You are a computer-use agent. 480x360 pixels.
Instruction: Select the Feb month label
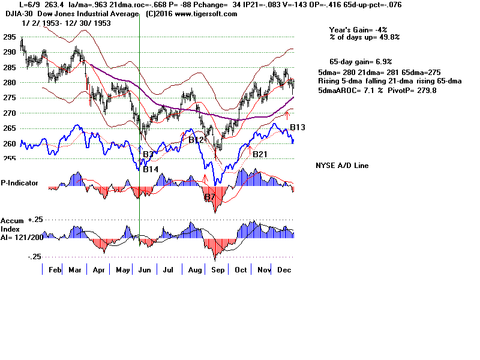click(x=55, y=271)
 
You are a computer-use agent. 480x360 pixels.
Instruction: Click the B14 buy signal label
click(x=150, y=169)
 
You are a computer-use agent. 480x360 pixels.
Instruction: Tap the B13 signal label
click(x=298, y=127)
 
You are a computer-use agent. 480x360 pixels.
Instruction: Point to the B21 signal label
click(x=260, y=154)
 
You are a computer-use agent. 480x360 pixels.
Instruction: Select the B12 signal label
click(x=196, y=140)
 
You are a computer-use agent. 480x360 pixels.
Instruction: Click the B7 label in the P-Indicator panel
click(x=209, y=197)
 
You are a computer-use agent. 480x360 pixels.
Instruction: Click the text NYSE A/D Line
click(x=342, y=166)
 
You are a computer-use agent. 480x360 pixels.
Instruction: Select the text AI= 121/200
click(x=21, y=238)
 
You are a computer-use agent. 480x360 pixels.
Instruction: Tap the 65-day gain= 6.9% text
click(x=361, y=62)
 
